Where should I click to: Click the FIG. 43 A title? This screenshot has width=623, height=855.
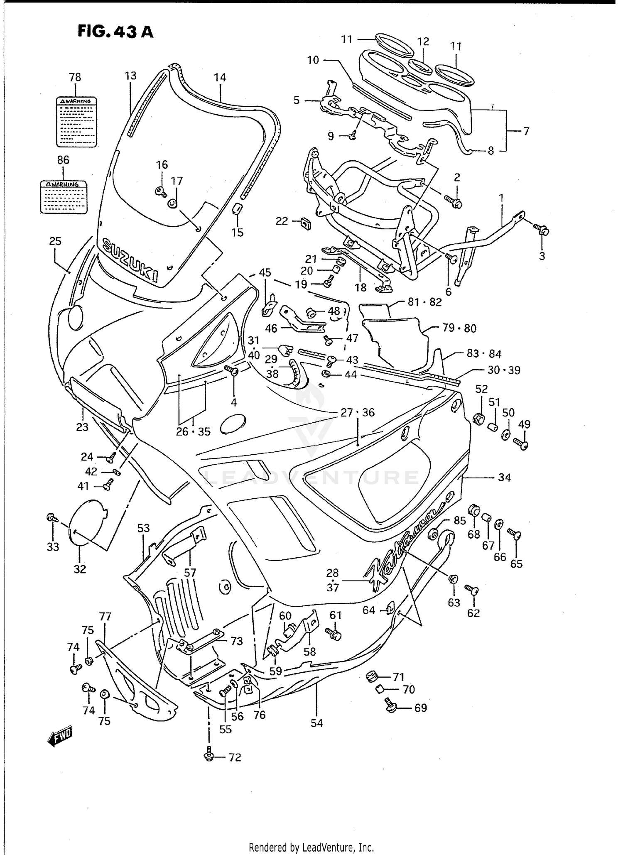click(115, 32)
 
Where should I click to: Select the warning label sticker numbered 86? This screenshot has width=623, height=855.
click(64, 196)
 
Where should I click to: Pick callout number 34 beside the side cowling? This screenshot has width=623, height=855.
click(504, 478)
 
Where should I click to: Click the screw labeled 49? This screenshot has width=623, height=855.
click(521, 444)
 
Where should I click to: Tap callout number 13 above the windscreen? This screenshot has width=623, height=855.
click(130, 76)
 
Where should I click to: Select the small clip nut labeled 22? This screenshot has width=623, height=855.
click(306, 223)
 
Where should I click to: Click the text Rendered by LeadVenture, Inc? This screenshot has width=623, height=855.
click(311, 847)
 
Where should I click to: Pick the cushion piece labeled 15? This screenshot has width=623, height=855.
click(237, 208)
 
